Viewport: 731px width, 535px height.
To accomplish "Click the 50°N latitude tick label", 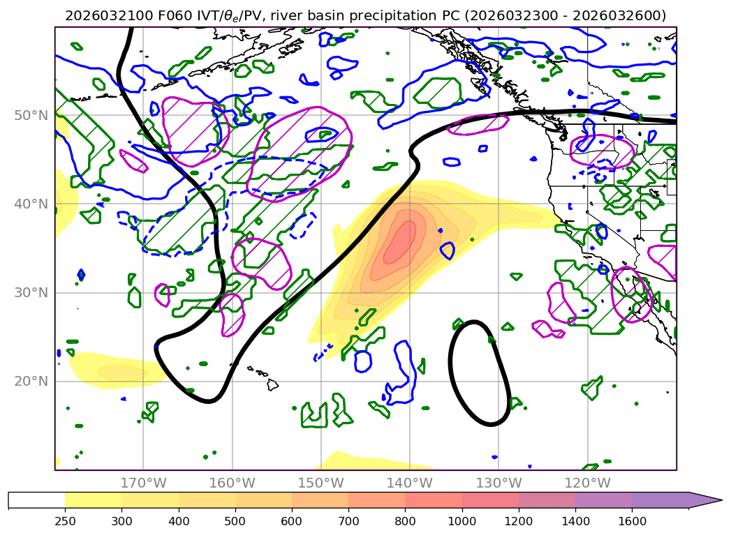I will [32, 115].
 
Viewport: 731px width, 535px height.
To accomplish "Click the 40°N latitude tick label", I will [32, 204].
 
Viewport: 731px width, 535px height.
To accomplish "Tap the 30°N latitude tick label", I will [32, 292].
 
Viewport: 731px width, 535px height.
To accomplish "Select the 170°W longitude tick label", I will [143, 483].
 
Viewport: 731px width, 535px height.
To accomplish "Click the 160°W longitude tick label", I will [232, 483].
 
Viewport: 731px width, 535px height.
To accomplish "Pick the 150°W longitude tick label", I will [320, 483].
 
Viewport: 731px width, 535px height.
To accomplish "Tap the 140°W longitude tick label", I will [409, 483].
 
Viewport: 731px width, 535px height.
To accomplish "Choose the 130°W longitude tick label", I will [498, 483].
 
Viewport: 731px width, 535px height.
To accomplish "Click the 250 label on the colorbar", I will [65, 521].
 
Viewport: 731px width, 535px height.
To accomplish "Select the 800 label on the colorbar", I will [405, 521].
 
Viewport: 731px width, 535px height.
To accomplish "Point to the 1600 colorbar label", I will [632, 521].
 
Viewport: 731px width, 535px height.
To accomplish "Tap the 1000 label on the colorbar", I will [462, 521].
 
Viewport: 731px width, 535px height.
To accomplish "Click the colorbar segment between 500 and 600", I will [263, 499].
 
